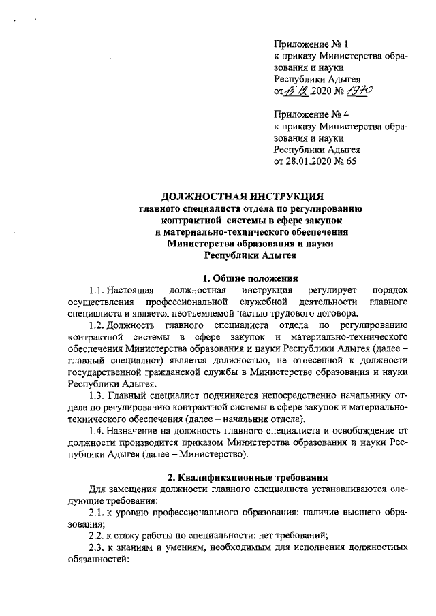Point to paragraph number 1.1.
98,291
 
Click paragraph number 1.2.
98,325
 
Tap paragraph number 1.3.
99,395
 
